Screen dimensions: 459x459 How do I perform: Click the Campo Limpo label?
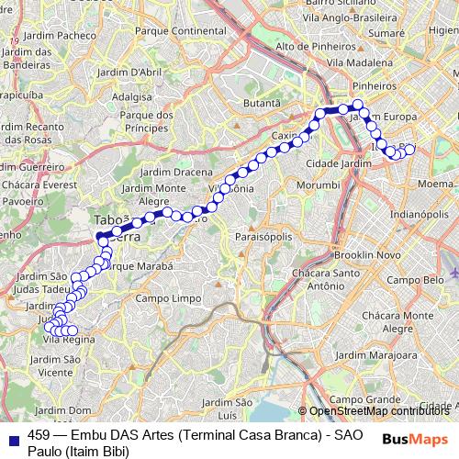[x=167, y=298]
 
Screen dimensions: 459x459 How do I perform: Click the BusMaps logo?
[x=415, y=439]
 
